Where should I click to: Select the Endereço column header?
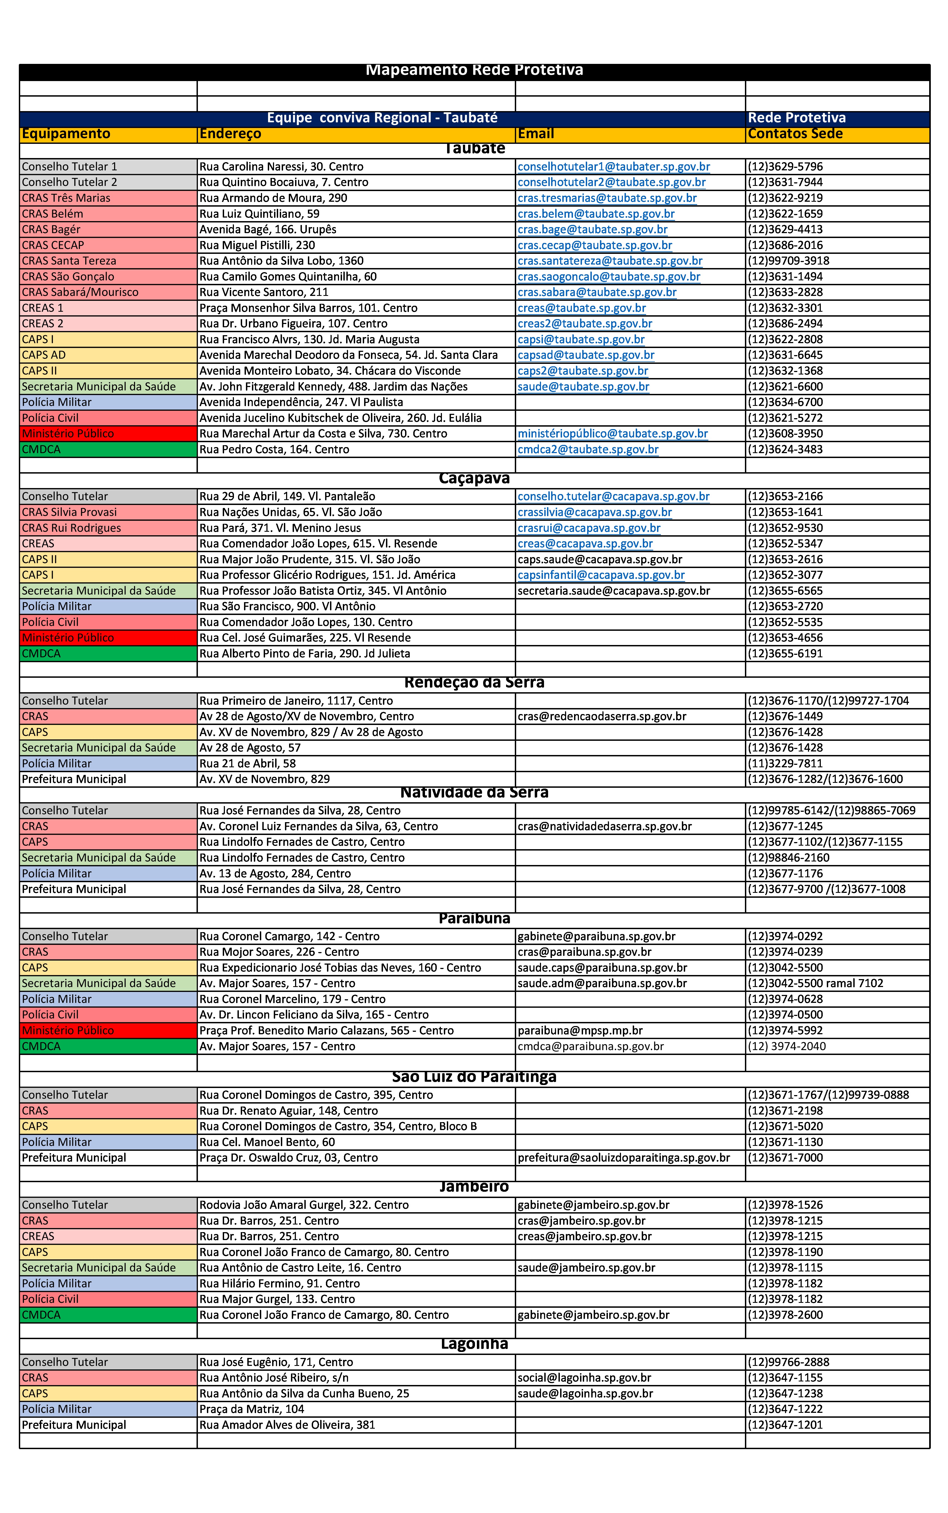[x=230, y=134]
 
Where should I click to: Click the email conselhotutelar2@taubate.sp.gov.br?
[x=611, y=182]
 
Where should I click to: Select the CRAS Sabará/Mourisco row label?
[x=80, y=292]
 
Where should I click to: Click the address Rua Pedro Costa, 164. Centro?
[x=274, y=450]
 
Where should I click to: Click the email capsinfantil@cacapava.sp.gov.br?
[x=601, y=575]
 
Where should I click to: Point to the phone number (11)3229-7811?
[x=785, y=764]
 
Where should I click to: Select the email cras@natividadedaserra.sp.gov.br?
[x=604, y=827]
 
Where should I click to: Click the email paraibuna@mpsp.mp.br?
[x=580, y=1030]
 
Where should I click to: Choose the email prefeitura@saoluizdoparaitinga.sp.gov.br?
[x=623, y=1158]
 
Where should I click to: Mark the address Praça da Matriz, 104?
[x=251, y=1409]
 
